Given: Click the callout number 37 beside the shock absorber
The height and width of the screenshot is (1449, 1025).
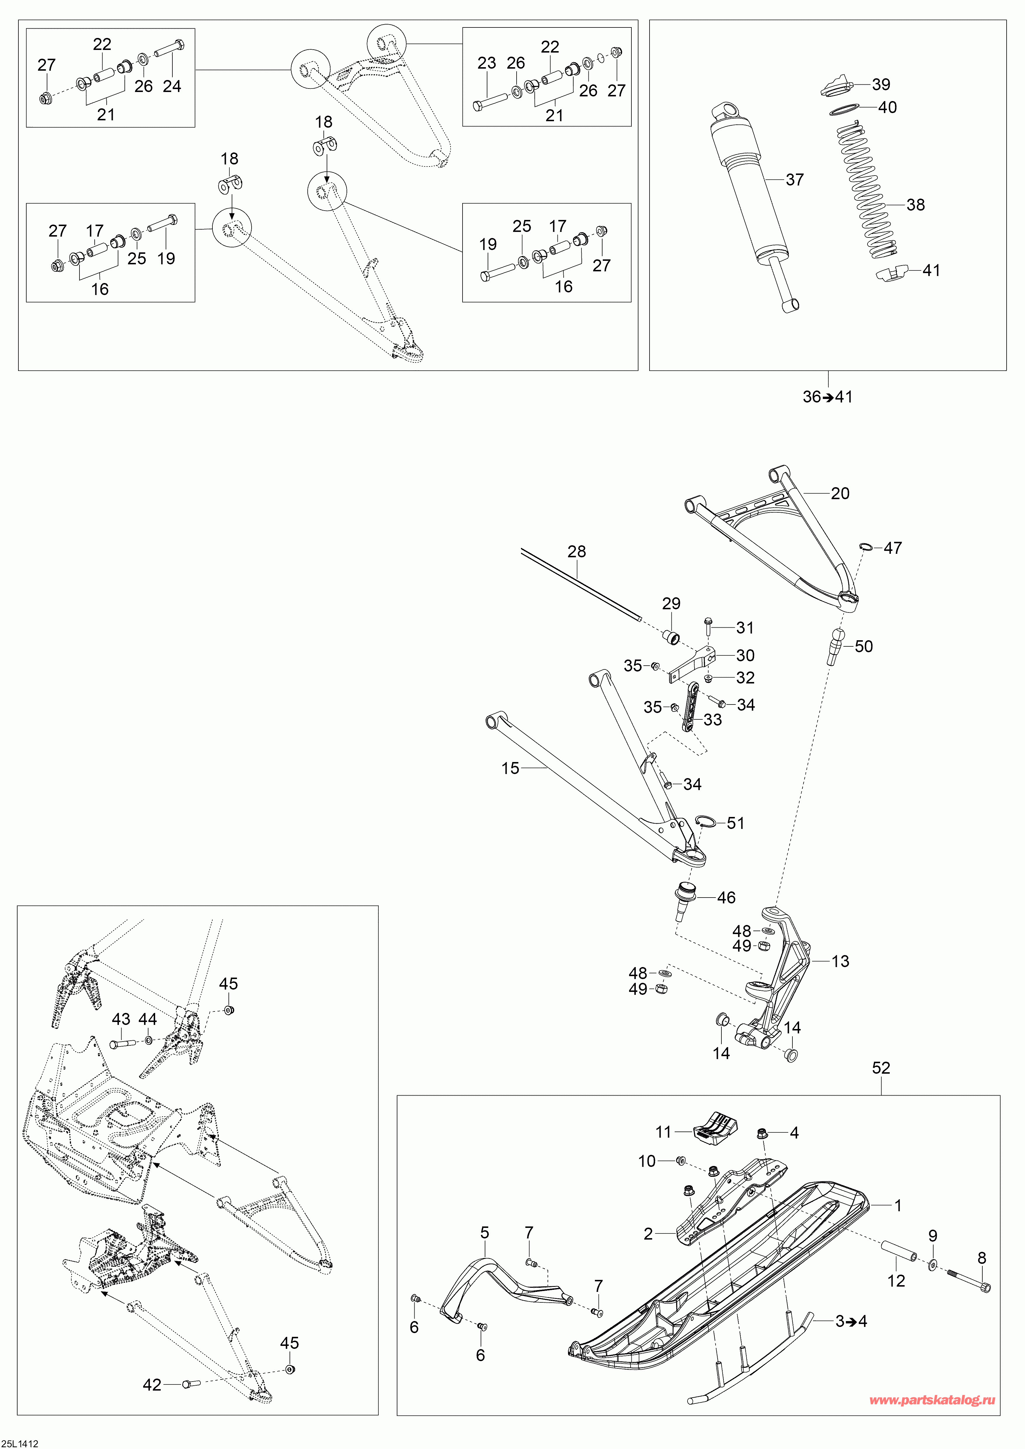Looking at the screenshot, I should (x=795, y=180).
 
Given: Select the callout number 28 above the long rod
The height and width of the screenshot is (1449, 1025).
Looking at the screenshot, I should (x=576, y=551).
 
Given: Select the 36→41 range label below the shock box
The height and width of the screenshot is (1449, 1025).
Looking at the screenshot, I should (x=827, y=397).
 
